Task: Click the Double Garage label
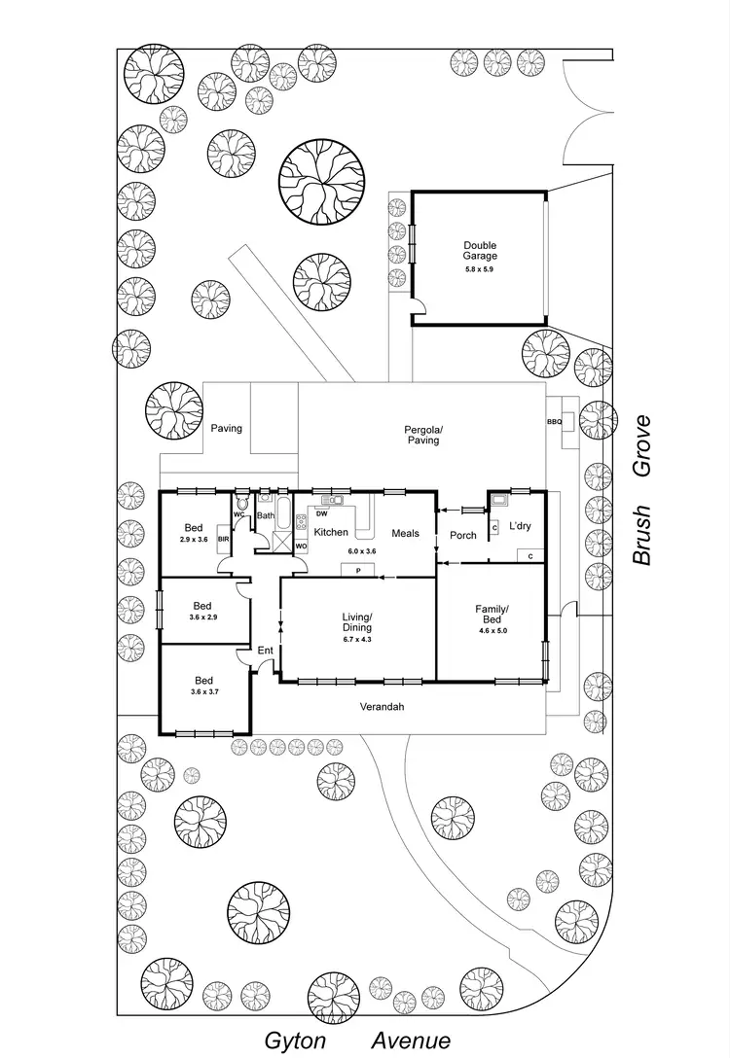click(x=479, y=251)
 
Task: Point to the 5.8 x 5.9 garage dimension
click(x=479, y=269)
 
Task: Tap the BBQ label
click(x=554, y=422)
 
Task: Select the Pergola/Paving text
click(x=423, y=435)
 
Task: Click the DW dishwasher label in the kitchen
click(x=321, y=513)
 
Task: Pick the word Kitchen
click(x=331, y=532)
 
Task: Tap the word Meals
click(x=406, y=532)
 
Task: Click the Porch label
click(x=463, y=535)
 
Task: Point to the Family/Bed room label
click(x=492, y=615)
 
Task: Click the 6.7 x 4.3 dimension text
click(x=358, y=639)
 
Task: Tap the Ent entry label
click(x=265, y=650)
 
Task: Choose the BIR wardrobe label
click(x=223, y=539)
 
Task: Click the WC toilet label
click(x=239, y=514)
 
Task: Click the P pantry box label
click(x=358, y=570)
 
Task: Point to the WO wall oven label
click(x=301, y=547)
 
